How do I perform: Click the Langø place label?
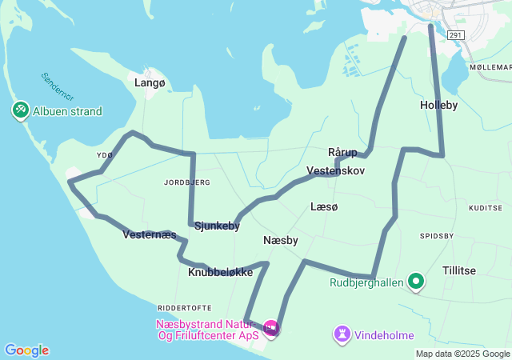pyautogui.click(x=150, y=82)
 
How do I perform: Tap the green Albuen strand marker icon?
pyautogui.click(x=20, y=110)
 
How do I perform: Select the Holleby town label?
pyautogui.click(x=438, y=105)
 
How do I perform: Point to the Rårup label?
pyautogui.click(x=342, y=152)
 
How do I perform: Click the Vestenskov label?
pyautogui.click(x=336, y=171)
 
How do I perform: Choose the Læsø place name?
pyautogui.click(x=325, y=206)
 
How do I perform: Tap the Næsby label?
pyautogui.click(x=281, y=240)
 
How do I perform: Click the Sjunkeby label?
pyautogui.click(x=217, y=226)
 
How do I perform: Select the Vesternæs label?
pyautogui.click(x=150, y=234)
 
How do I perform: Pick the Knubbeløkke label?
pyautogui.click(x=221, y=272)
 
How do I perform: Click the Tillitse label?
pyautogui.click(x=458, y=270)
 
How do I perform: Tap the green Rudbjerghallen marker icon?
pyautogui.click(x=416, y=282)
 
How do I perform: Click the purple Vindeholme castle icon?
pyautogui.click(x=342, y=332)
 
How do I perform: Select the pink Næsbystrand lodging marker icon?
pyautogui.click(x=270, y=328)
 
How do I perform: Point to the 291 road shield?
pyautogui.click(x=455, y=35)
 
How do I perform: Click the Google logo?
pyautogui.click(x=26, y=350)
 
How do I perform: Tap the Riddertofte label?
pyautogui.click(x=185, y=307)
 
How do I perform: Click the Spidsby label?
pyautogui.click(x=437, y=236)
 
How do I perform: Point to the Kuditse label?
pyautogui.click(x=486, y=207)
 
